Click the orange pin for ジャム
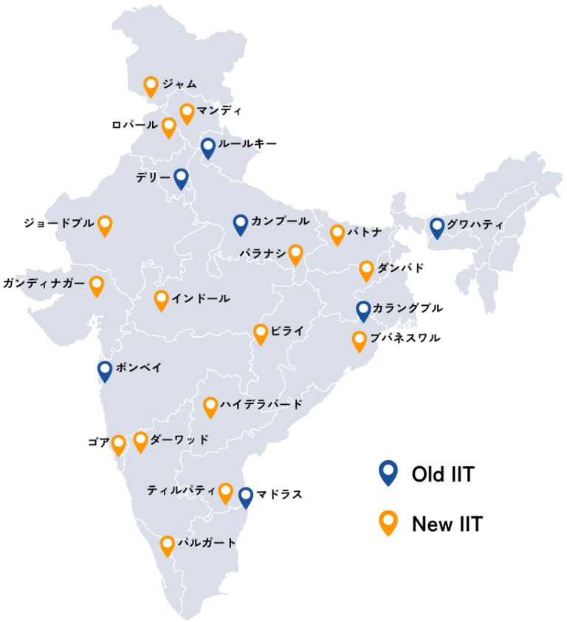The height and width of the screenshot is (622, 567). tap(151, 86)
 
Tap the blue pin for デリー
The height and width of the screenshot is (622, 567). tap(181, 178)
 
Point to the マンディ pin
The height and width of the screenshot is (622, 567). tap(187, 113)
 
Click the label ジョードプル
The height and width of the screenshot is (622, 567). tap(58, 222)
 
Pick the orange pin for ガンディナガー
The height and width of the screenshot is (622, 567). tap(97, 285)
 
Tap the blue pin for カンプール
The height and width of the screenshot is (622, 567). tap(240, 224)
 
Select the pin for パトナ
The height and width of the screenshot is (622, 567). tap(337, 234)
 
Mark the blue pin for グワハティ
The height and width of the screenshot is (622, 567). tap(437, 227)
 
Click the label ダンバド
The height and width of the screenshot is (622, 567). tap(401, 267)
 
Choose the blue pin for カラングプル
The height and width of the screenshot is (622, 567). tap(363, 311)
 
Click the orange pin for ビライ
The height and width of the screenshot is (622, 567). tap(261, 333)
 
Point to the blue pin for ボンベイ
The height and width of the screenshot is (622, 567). tap(105, 370)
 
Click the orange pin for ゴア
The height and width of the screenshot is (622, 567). tap(118, 445)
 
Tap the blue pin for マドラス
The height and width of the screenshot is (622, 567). tap(246, 497)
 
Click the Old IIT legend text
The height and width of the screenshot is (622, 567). tap(442, 474)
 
